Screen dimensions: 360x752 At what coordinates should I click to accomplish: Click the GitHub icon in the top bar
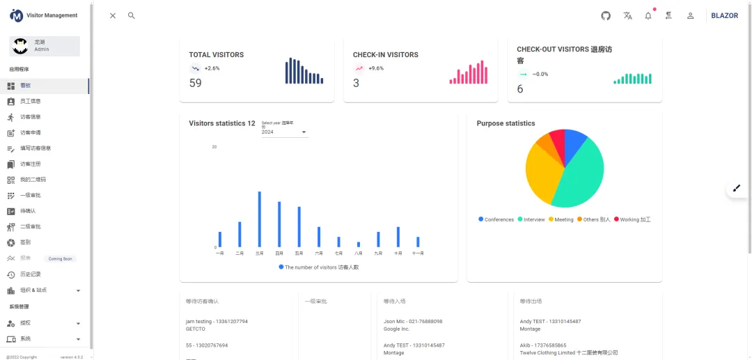click(x=606, y=15)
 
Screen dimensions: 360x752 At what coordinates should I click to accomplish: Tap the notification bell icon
click(x=648, y=15)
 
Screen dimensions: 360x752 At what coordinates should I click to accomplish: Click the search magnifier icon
click(x=131, y=15)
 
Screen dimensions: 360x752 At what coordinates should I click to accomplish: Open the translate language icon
click(x=627, y=15)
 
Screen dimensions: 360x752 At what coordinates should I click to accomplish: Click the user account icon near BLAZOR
click(x=690, y=15)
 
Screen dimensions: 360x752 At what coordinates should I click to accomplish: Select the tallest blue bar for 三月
click(x=259, y=219)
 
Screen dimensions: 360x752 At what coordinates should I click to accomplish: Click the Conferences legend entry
click(x=496, y=219)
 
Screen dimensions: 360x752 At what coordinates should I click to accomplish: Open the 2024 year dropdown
click(x=284, y=132)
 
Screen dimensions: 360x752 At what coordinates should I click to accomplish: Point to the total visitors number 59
click(x=196, y=83)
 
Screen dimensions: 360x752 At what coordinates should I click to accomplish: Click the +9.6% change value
click(x=376, y=68)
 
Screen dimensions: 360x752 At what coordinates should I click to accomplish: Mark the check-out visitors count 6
click(x=520, y=89)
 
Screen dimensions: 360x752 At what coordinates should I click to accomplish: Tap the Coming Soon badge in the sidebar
click(x=60, y=258)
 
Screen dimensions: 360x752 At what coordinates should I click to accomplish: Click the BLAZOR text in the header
click(x=724, y=15)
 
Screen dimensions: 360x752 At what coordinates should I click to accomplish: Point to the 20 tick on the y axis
click(x=214, y=147)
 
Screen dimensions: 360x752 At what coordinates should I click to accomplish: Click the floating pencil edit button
click(x=737, y=188)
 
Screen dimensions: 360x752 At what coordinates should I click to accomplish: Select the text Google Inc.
click(x=396, y=329)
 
